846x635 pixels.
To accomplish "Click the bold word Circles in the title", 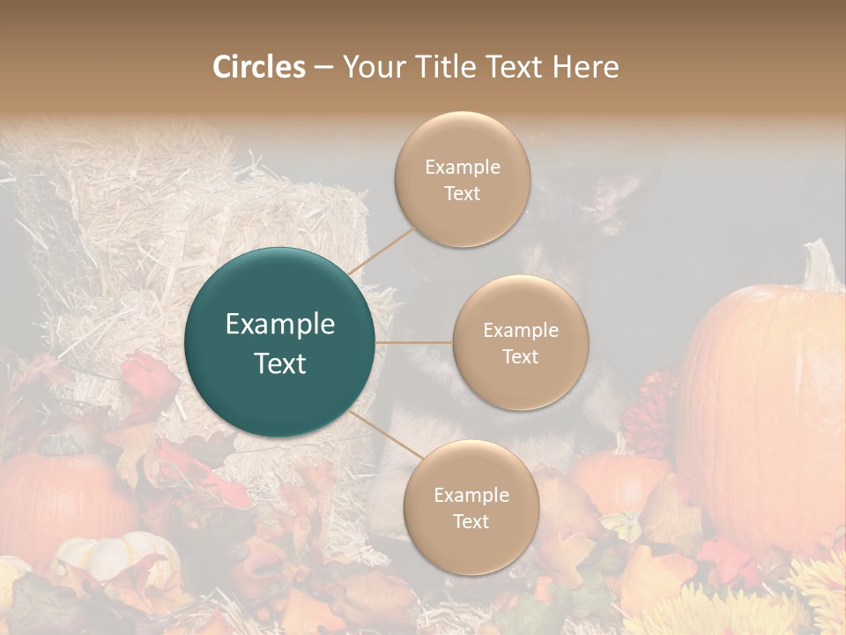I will pyautogui.click(x=259, y=67).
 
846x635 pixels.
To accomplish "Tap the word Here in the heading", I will pyautogui.click(x=585, y=67).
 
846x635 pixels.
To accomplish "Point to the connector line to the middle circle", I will pyautogui.click(x=414, y=342).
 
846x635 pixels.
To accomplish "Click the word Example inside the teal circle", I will pyautogui.click(x=280, y=325).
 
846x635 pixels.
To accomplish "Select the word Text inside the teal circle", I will pyautogui.click(x=280, y=363).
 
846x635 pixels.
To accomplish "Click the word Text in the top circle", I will pyautogui.click(x=462, y=193).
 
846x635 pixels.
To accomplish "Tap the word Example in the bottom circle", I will pyautogui.click(x=471, y=495).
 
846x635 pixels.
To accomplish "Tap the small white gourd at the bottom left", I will pyautogui.click(x=115, y=556).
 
